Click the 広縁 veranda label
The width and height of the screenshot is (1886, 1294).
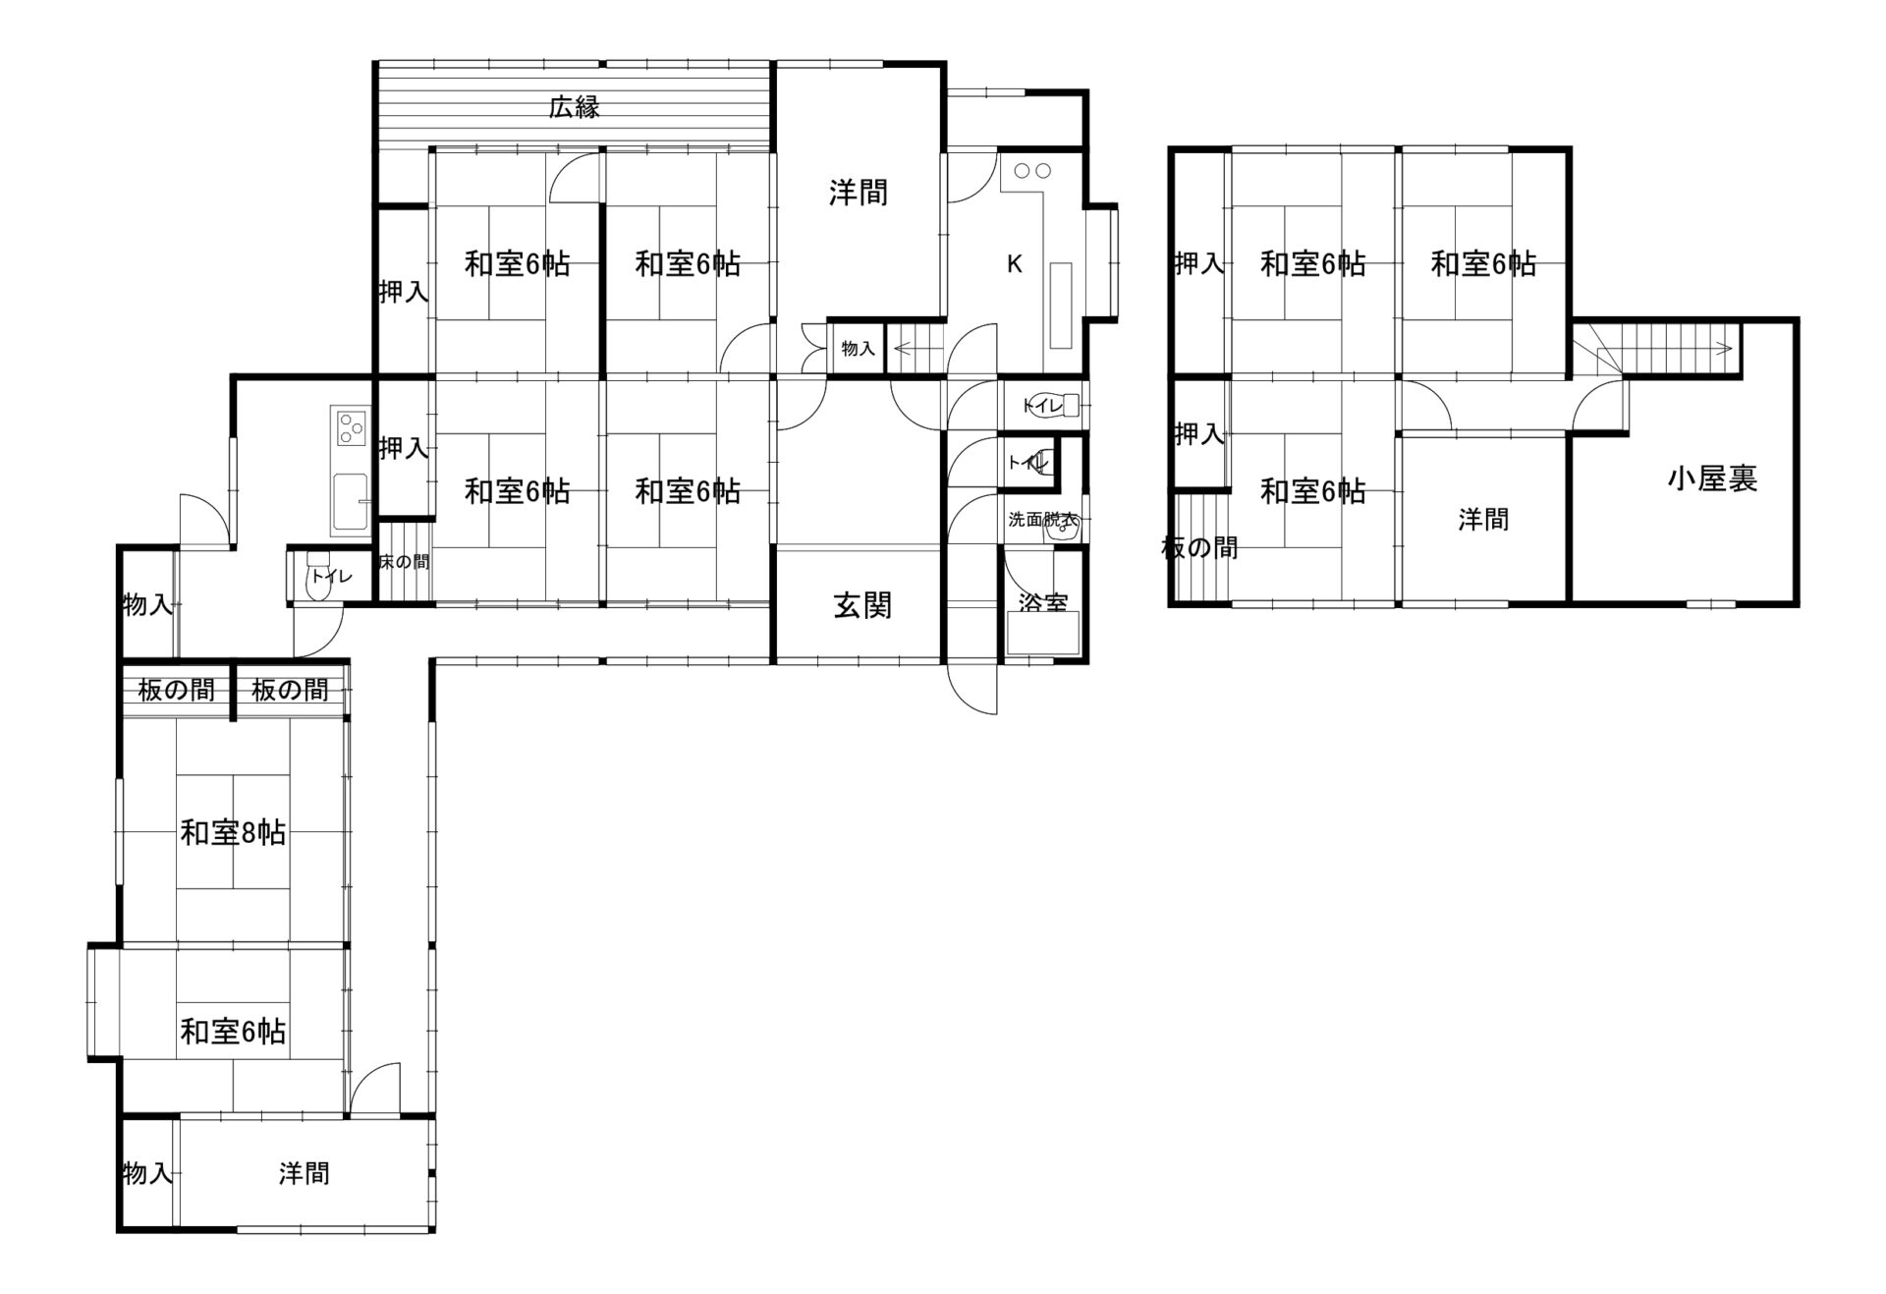pos(575,106)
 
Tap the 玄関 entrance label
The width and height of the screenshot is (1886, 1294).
pos(862,605)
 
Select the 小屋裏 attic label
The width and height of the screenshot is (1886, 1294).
pos(1712,478)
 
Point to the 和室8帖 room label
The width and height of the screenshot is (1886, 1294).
pos(233,833)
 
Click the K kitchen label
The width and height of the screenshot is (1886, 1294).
pos(1015,264)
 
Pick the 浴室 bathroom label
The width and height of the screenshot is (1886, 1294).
pos(1043,602)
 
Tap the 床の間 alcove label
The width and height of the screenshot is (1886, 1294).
pos(405,562)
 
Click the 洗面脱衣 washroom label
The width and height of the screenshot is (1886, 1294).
pos(1042,520)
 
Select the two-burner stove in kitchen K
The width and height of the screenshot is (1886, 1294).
pos(1032,171)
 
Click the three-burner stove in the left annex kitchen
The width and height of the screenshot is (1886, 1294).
pos(349,428)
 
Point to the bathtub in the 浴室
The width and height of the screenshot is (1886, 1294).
pos(1042,633)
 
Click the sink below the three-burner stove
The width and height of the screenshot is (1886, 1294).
pos(350,502)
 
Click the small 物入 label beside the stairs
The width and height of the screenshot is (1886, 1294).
pos(859,348)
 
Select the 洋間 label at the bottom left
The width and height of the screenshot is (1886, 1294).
pos(305,1173)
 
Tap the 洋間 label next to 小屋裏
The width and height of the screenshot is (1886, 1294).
pos(1483,519)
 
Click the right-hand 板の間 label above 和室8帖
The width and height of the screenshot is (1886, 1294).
pos(290,690)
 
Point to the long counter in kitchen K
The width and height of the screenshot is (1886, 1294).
pos(1061,305)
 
